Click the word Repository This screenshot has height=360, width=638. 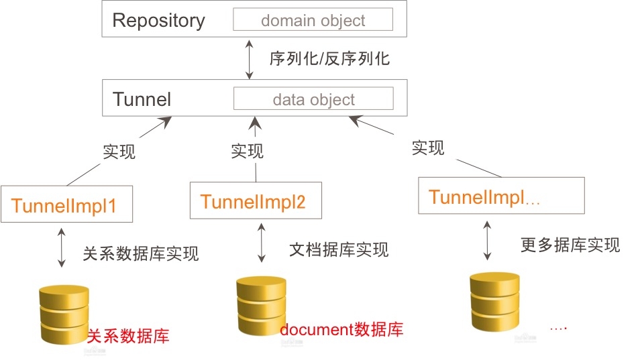tap(158, 20)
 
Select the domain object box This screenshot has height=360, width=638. tap(313, 20)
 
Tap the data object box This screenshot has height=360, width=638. tap(313, 100)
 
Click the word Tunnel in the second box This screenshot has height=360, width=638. tap(142, 100)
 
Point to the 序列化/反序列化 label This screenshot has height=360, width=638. tap(329, 58)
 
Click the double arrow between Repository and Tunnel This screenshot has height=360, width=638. tap(250, 58)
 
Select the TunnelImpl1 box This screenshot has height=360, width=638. tap(66, 204)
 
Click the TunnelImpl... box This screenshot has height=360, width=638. tap(500, 196)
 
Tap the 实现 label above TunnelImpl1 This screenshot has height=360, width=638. tap(119, 152)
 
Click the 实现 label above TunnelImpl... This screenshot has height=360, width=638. tap(428, 147)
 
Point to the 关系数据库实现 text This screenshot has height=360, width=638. tap(141, 253)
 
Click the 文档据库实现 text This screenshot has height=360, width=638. tap(339, 250)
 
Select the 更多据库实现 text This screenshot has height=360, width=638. tap(570, 245)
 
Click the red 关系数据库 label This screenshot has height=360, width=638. tap(128, 335)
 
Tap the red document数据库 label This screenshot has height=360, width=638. tap(341, 330)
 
